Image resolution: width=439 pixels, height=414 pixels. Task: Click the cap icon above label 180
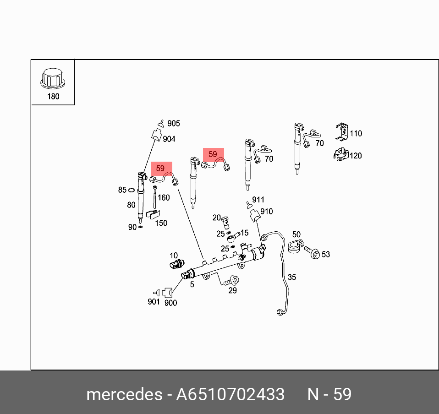point(53,78)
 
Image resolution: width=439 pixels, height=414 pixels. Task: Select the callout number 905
point(173,123)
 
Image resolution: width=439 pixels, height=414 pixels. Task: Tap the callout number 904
point(169,139)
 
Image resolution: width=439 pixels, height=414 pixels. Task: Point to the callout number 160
point(163,197)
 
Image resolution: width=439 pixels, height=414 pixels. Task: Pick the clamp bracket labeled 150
point(152,213)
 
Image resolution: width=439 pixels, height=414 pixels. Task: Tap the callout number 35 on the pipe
point(291,277)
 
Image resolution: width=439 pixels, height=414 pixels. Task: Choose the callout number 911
point(258,200)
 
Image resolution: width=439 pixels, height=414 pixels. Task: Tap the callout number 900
point(170,303)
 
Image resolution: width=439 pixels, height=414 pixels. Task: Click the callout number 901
point(154,301)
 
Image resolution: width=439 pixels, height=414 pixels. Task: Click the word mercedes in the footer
point(122,394)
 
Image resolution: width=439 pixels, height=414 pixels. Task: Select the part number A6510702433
point(230,394)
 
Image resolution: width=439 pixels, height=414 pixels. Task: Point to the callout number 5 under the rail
point(192,284)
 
